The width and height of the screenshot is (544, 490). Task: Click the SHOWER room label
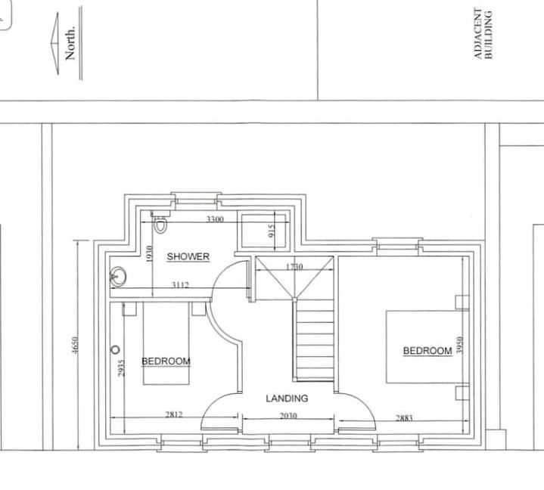188,256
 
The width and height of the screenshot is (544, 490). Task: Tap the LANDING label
287,399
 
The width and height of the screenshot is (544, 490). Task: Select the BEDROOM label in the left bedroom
166,361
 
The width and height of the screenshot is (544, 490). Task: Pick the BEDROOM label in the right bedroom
427,351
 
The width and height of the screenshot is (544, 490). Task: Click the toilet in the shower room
160,224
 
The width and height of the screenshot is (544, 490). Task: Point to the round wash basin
118,277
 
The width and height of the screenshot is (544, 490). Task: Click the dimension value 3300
215,219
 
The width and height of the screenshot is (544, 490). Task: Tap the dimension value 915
272,231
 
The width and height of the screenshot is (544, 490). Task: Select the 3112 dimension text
180,285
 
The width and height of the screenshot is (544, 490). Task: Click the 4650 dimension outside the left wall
76,346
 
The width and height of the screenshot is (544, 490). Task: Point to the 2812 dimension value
174,414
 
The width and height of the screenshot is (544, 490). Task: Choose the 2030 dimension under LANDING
288,415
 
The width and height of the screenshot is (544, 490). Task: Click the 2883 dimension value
404,418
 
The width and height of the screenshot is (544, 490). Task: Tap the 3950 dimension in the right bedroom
460,345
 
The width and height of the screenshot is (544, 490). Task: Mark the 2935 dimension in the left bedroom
121,368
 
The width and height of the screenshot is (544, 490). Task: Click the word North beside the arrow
70,43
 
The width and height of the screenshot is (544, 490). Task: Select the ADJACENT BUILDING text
483,34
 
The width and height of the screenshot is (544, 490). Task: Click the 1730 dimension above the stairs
294,267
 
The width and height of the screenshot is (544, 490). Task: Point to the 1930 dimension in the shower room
149,254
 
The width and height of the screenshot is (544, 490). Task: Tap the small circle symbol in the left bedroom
115,349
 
